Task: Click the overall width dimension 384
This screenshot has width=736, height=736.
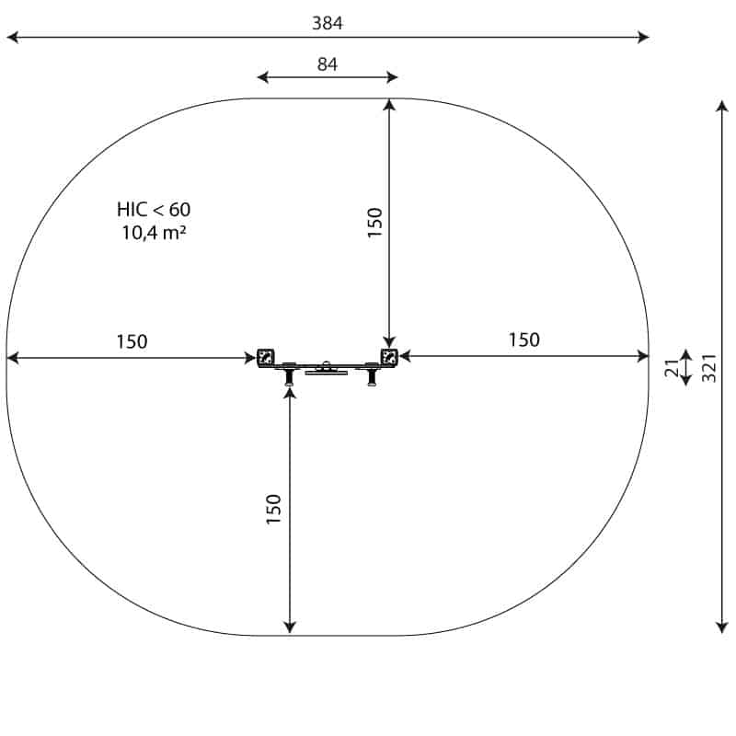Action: (x=328, y=23)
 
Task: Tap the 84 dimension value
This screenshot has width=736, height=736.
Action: (x=328, y=64)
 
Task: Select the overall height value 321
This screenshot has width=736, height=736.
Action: (x=709, y=368)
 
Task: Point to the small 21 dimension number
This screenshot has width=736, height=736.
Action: (x=673, y=367)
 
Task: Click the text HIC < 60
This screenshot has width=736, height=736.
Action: (x=154, y=210)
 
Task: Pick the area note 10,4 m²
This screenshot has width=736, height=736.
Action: (x=154, y=233)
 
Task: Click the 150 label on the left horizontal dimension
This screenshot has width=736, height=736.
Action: (x=132, y=341)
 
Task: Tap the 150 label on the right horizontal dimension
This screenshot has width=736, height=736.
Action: (x=524, y=339)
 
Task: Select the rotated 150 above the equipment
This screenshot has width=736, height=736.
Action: (x=374, y=223)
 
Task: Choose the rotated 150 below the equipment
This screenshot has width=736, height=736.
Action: (x=273, y=510)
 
